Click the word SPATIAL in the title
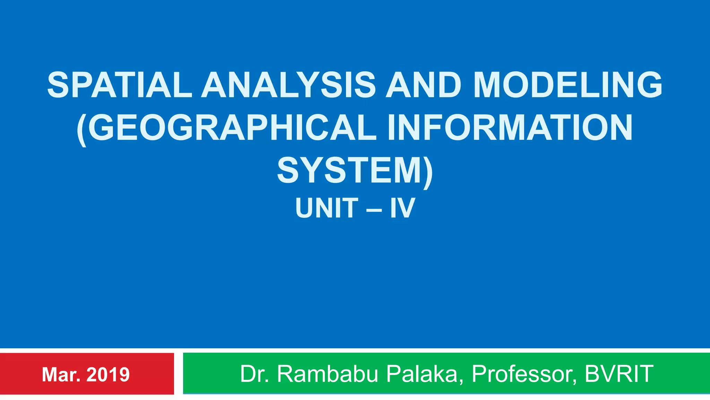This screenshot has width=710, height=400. click(x=120, y=85)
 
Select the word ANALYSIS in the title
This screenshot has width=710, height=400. click(x=288, y=85)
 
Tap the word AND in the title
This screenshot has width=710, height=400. click(x=423, y=85)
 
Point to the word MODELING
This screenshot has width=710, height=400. click(x=568, y=85)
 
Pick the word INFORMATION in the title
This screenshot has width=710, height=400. click(x=510, y=127)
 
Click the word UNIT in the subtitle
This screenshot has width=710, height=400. click(x=327, y=208)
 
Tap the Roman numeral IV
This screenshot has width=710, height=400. click(x=402, y=208)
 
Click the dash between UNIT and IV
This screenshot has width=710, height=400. click(x=374, y=209)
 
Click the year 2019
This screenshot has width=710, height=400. click(x=108, y=375)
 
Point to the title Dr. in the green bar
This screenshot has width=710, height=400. click(x=254, y=374)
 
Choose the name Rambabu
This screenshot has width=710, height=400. click(x=327, y=374)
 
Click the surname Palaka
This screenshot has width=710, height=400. click(x=423, y=374)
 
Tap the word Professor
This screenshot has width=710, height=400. click(x=522, y=374)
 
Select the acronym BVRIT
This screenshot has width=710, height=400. click(x=619, y=374)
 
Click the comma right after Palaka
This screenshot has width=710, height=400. click(x=461, y=382)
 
